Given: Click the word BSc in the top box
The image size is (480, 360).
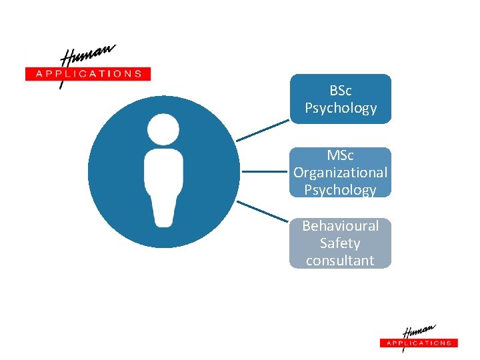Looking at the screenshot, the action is click(340, 90).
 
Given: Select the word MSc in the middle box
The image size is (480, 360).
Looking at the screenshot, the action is click(340, 155).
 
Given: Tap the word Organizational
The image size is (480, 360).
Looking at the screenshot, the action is click(340, 173).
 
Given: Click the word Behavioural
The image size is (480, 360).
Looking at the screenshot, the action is click(340, 226).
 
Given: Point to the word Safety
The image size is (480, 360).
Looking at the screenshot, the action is click(340, 243).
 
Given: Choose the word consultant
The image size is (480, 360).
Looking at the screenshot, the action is click(340, 261).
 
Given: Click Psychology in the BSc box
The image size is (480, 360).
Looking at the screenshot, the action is click(340, 108).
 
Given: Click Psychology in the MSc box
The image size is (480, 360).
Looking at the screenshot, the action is click(340, 190).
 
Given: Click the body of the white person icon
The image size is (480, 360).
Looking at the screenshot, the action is click(163, 187).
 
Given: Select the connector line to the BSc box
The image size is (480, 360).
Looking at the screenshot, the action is click(263, 131).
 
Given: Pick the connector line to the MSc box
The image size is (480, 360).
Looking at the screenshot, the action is click(265, 172).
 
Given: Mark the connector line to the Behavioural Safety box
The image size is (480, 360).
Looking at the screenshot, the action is click(263, 212).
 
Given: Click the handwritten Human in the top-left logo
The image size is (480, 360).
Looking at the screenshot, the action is click(87, 55).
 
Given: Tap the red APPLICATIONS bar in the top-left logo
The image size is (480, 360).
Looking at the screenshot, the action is click(88, 74).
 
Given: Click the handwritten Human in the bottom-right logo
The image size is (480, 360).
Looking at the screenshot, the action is click(419, 332).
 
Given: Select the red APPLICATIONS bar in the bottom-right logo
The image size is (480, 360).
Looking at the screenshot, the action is click(419, 343).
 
